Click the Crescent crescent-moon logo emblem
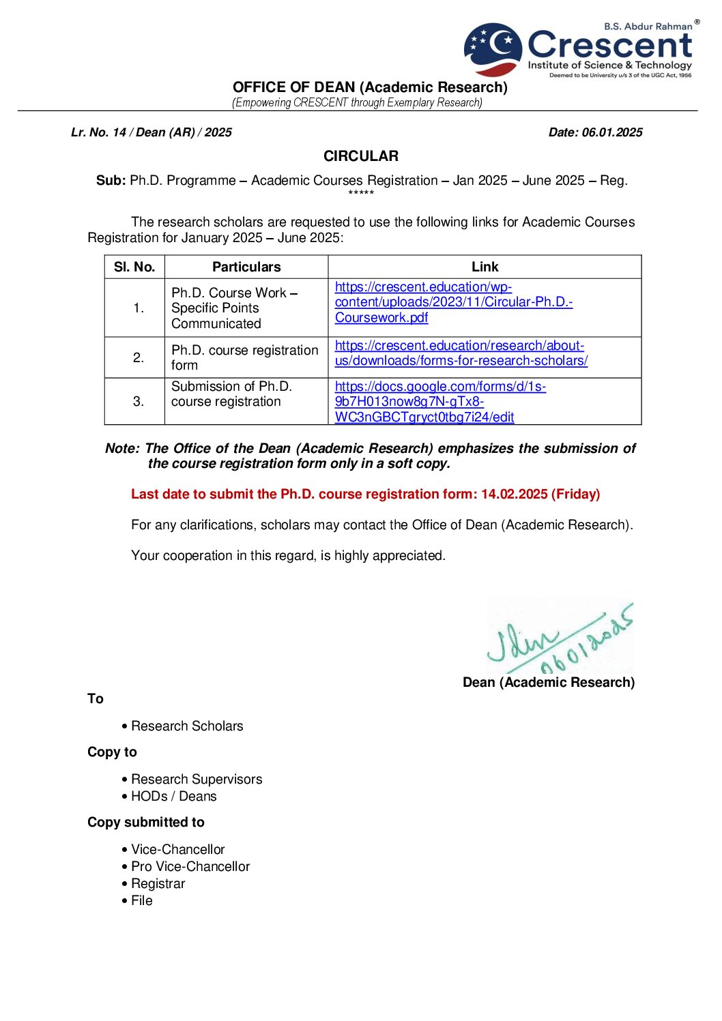493,48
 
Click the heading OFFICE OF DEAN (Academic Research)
370,87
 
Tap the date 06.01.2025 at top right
611,132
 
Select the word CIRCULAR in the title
360,156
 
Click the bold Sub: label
111,181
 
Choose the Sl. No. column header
134,267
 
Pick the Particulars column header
246,267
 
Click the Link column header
485,267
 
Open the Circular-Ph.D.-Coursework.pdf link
453,302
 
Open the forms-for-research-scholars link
461,353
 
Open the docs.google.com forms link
440,402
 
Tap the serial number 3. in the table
138,402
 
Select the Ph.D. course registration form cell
244,357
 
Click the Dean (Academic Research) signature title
548,683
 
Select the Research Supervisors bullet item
197,780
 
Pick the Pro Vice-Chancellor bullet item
190,867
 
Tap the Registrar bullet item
158,884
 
